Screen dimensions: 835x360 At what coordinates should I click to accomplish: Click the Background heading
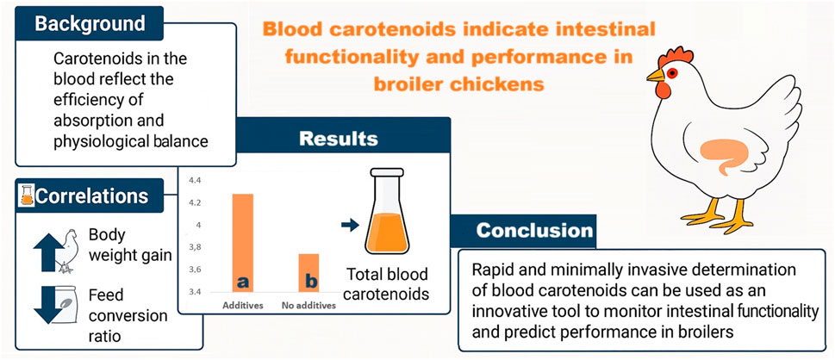coord(90,23)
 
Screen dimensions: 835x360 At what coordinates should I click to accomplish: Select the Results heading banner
coord(339,138)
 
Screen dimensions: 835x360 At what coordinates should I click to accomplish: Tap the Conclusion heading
coord(534,230)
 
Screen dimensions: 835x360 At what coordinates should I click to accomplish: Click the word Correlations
coord(91,196)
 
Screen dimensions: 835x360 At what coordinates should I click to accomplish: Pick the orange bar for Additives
coord(243,243)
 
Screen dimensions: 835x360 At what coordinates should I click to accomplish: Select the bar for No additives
coord(308,273)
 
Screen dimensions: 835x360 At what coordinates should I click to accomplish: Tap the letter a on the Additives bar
coord(243,282)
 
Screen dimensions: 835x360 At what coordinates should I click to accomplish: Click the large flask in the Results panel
coord(387,211)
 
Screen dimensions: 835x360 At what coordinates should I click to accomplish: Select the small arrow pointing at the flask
coord(349,226)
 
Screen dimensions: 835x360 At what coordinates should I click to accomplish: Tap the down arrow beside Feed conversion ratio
coord(48,306)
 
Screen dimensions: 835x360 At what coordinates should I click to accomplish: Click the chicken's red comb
coord(676,55)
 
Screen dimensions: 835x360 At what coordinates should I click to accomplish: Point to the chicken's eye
coord(672,72)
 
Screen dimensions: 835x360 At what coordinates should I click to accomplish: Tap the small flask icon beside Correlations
coord(26,196)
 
